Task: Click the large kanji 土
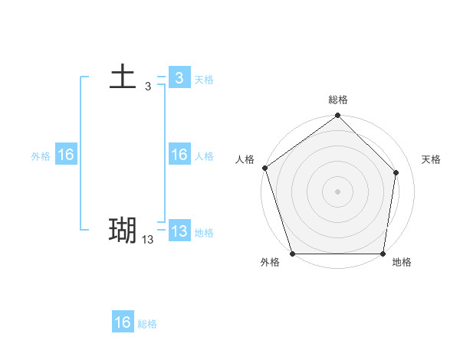123,78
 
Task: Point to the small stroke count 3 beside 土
148,87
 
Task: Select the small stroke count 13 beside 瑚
148,240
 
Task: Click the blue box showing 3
179,78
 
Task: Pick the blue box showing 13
179,231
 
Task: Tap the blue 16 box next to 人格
179,155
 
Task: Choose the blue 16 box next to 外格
66,155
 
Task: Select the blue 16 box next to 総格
123,322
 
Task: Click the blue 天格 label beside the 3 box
204,80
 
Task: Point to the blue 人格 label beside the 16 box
204,156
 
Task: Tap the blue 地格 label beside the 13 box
204,233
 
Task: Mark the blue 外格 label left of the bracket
41,156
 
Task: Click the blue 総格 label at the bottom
147,324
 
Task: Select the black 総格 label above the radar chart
338,100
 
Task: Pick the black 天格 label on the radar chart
432,159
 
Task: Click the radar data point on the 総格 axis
338,116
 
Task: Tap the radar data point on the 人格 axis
264,168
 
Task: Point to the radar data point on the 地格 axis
383,254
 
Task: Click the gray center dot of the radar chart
338,191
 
